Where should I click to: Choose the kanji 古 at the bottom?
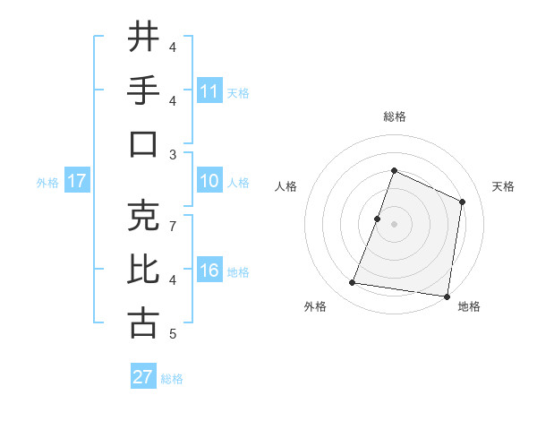point(143,323)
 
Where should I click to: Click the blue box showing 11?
point(209,90)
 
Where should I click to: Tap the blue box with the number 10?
point(209,181)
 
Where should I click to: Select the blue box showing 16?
point(209,271)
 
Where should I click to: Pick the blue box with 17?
point(77,181)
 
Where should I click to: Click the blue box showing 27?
point(143,377)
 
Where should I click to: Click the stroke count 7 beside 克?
point(173,226)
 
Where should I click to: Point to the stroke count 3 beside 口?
point(173,154)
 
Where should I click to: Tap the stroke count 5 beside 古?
point(173,334)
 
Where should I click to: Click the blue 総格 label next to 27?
point(172,379)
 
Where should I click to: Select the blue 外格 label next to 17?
point(47,183)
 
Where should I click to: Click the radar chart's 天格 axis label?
point(504,186)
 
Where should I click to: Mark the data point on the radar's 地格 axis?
point(447,296)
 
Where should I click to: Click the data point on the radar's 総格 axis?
point(394,170)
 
